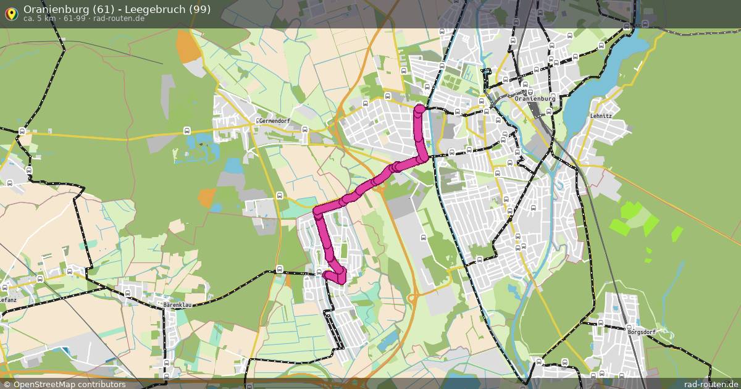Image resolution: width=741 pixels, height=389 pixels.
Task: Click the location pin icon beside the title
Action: click(x=11, y=12)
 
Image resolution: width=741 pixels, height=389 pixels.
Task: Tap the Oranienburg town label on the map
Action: click(x=535, y=98)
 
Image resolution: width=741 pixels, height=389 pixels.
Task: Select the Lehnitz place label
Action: click(x=601, y=115)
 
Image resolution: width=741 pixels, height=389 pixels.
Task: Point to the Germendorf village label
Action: click(x=274, y=121)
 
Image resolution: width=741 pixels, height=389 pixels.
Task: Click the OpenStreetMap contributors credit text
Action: click(x=69, y=384)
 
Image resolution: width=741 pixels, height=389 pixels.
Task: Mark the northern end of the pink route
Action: click(x=419, y=109)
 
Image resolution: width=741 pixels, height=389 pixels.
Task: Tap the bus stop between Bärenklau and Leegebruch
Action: click(x=280, y=269)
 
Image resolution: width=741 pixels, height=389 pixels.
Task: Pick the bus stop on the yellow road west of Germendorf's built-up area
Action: click(x=187, y=130)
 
